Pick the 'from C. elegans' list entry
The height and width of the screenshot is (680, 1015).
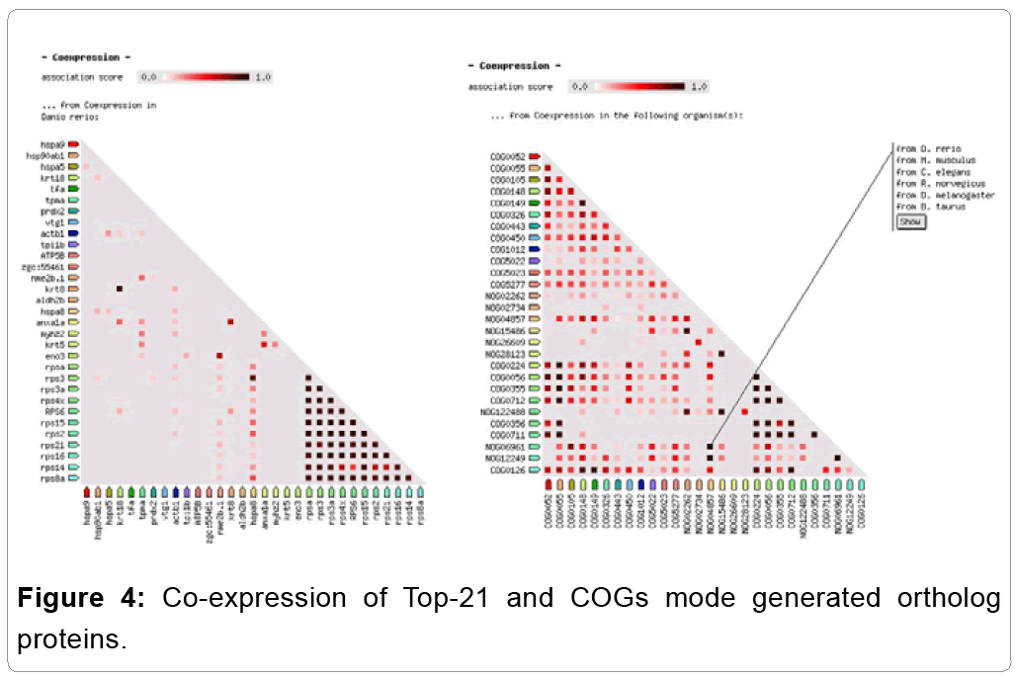click(933, 172)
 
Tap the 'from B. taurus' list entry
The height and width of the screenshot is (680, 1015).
click(931, 208)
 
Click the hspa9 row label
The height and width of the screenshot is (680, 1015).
click(51, 144)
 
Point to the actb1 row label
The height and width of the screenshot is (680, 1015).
click(51, 233)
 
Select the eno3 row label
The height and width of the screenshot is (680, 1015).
click(53, 355)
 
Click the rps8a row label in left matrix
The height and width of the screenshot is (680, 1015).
click(52, 477)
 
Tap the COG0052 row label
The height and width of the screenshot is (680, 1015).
click(509, 156)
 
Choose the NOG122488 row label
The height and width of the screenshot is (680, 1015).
click(503, 412)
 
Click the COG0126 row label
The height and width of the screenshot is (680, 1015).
click(509, 470)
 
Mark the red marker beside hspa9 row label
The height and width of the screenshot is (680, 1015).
click(73, 144)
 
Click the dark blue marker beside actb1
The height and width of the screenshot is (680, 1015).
click(73, 233)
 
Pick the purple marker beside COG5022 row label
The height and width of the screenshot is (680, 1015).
click(534, 261)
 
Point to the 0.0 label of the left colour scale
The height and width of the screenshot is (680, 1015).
click(149, 76)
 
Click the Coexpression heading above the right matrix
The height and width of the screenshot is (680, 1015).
click(513, 66)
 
